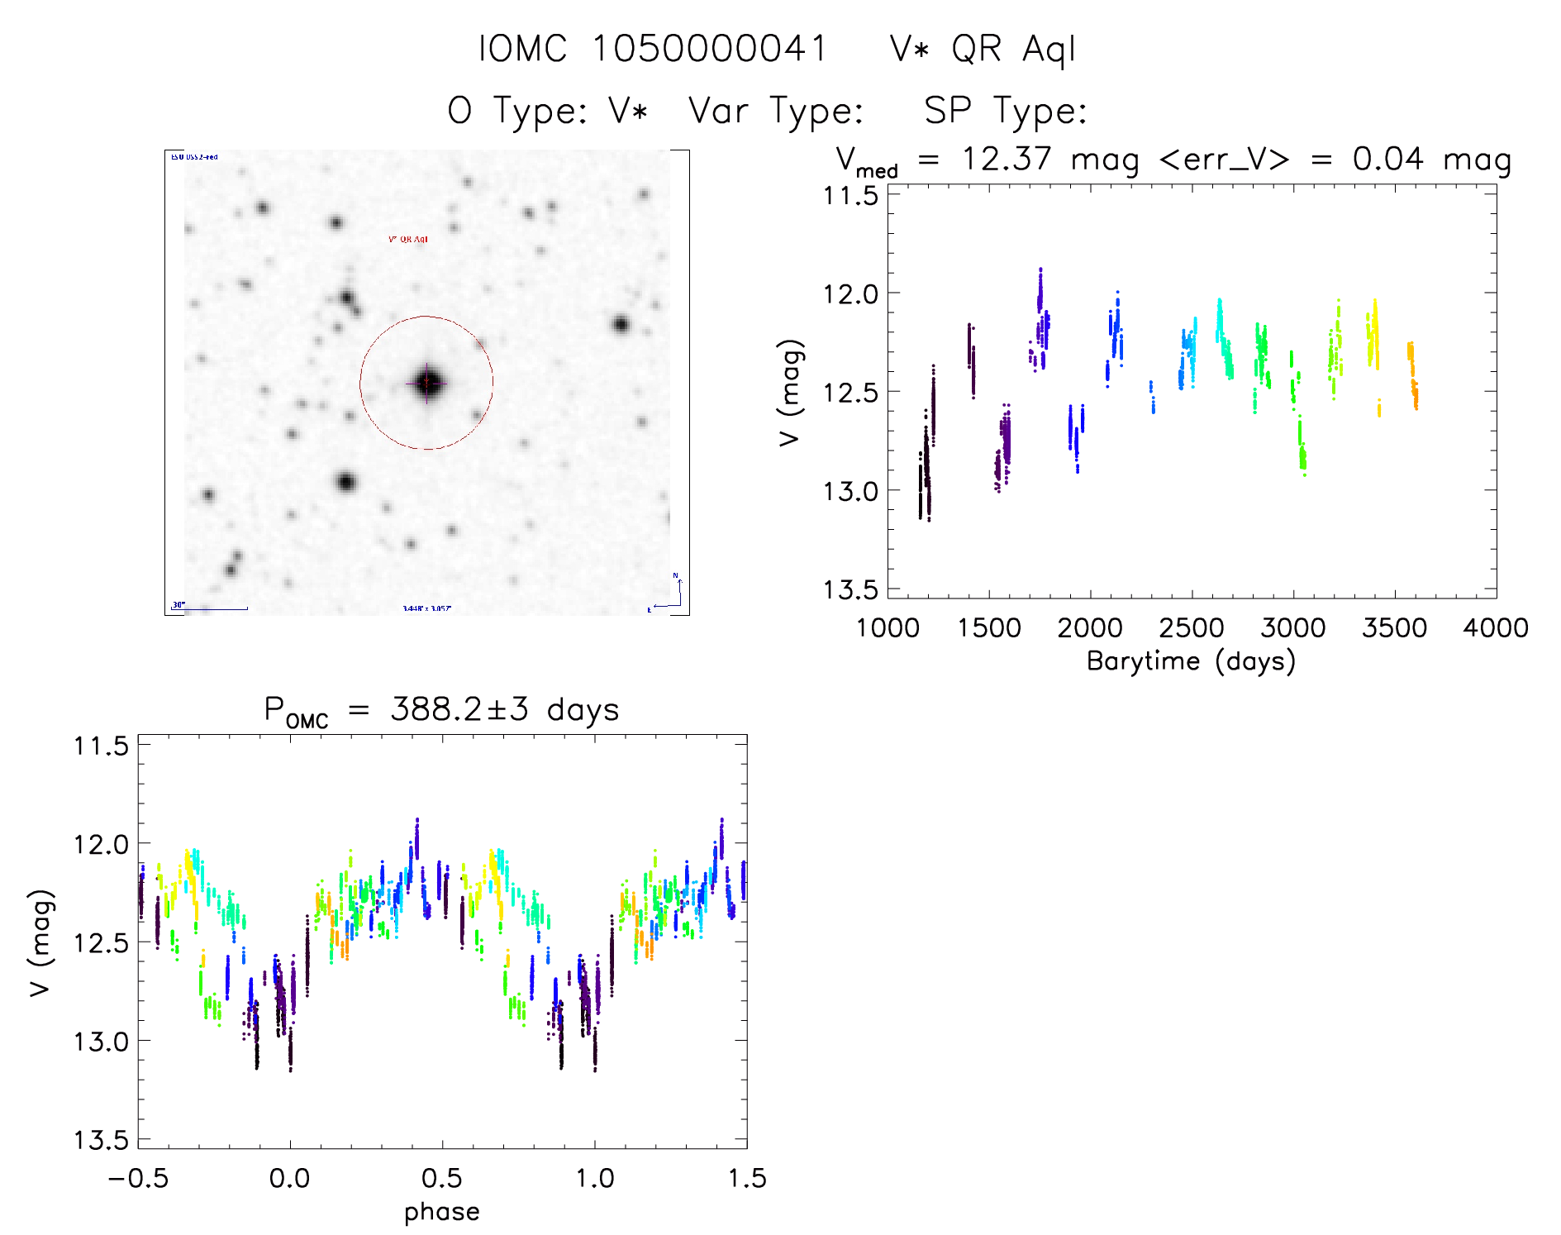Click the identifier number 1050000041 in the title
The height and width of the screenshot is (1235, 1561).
click(709, 49)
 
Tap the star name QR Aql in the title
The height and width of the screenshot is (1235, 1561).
click(1013, 50)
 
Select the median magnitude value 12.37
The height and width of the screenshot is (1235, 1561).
click(1007, 159)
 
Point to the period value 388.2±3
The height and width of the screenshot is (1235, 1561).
click(459, 709)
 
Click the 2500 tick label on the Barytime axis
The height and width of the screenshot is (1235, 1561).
click(1192, 627)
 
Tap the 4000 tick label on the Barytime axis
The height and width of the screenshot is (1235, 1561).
click(1495, 627)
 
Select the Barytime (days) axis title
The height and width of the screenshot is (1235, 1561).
click(1191, 661)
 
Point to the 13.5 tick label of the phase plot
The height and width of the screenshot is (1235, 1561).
click(102, 1140)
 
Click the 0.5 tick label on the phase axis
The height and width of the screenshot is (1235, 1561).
click(442, 1178)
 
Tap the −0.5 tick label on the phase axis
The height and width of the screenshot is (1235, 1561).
click(138, 1178)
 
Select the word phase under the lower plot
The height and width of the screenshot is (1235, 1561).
click(442, 1212)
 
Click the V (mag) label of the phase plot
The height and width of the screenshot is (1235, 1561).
click(40, 942)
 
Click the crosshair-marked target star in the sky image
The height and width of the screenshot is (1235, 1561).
click(426, 383)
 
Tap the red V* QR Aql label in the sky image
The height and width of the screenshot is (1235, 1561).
click(408, 240)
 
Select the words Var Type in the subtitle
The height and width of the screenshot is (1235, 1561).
click(776, 111)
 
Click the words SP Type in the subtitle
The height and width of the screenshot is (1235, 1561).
click(1005, 111)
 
